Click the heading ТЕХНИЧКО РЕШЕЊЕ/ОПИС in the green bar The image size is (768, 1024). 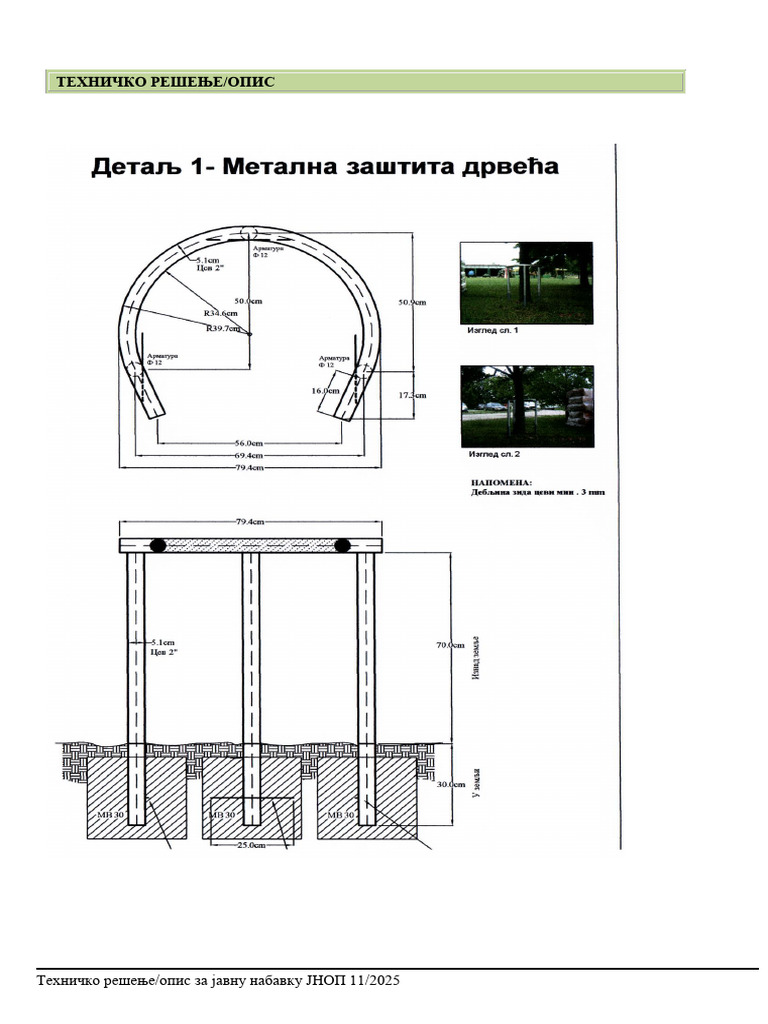pos(165,83)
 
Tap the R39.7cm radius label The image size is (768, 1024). pos(223,328)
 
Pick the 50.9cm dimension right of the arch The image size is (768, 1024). pos(412,301)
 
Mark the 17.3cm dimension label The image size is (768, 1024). pos(412,395)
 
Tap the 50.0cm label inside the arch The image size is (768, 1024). pos(248,301)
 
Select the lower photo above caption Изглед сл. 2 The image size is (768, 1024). pos(526,406)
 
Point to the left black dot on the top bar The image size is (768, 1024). pos(158,545)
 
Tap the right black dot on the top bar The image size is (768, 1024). pos(342,545)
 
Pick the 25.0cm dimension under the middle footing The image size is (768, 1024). pos(250,845)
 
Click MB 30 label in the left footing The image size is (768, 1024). pos(111,816)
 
